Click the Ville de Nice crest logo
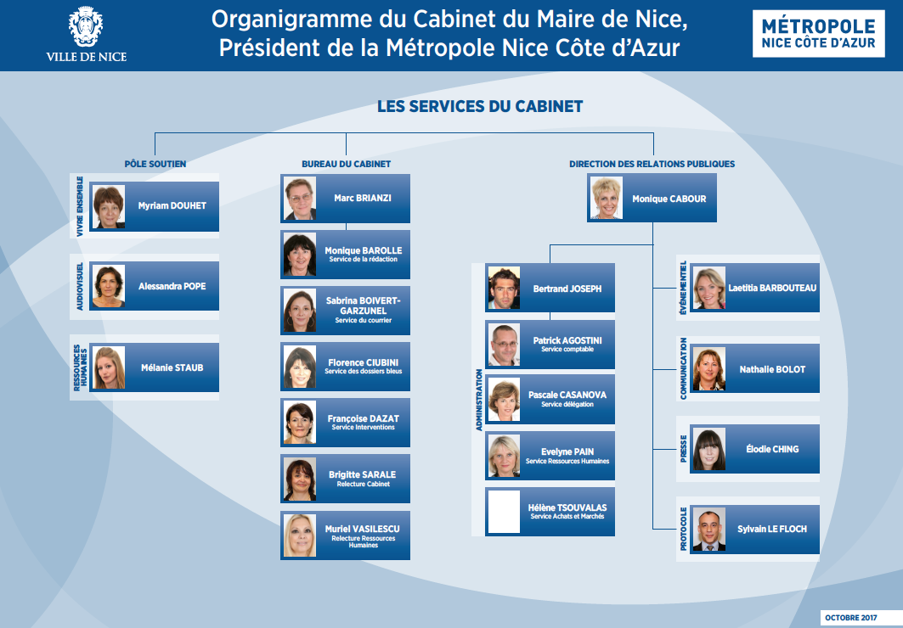[86, 26]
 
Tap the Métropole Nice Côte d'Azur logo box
[818, 33]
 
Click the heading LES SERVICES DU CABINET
[480, 106]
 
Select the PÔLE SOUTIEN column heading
[155, 164]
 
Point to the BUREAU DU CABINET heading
[346, 164]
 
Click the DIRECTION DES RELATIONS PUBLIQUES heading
[652, 164]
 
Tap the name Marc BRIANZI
[362, 198]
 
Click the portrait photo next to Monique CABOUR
[607, 198]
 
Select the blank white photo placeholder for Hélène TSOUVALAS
[504, 511]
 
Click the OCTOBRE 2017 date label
[850, 618]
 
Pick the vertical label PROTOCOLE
[684, 529]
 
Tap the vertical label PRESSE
[684, 449]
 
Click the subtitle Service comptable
[567, 349]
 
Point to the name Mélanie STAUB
[172, 367]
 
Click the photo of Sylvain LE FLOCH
[709, 529]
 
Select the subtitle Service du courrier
[364, 320]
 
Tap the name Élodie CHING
[772, 449]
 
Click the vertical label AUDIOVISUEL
[80, 286]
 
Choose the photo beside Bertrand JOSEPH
[504, 288]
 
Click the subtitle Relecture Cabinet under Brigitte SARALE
[364, 484]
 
